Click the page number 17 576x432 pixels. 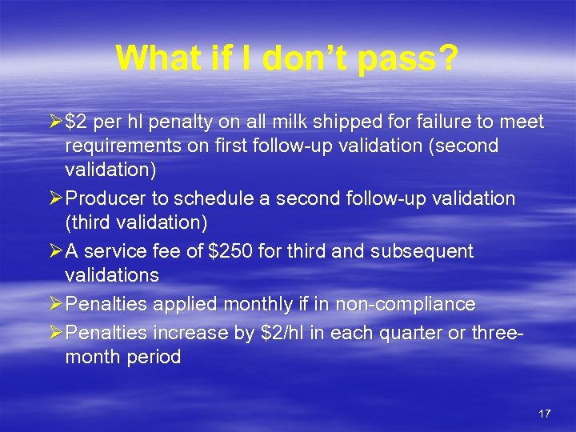tap(545, 414)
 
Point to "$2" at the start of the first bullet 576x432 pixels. tap(77, 122)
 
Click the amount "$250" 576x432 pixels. tap(230, 251)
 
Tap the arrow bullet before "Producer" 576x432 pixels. tap(54, 198)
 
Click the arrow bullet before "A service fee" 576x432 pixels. tap(54, 251)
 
